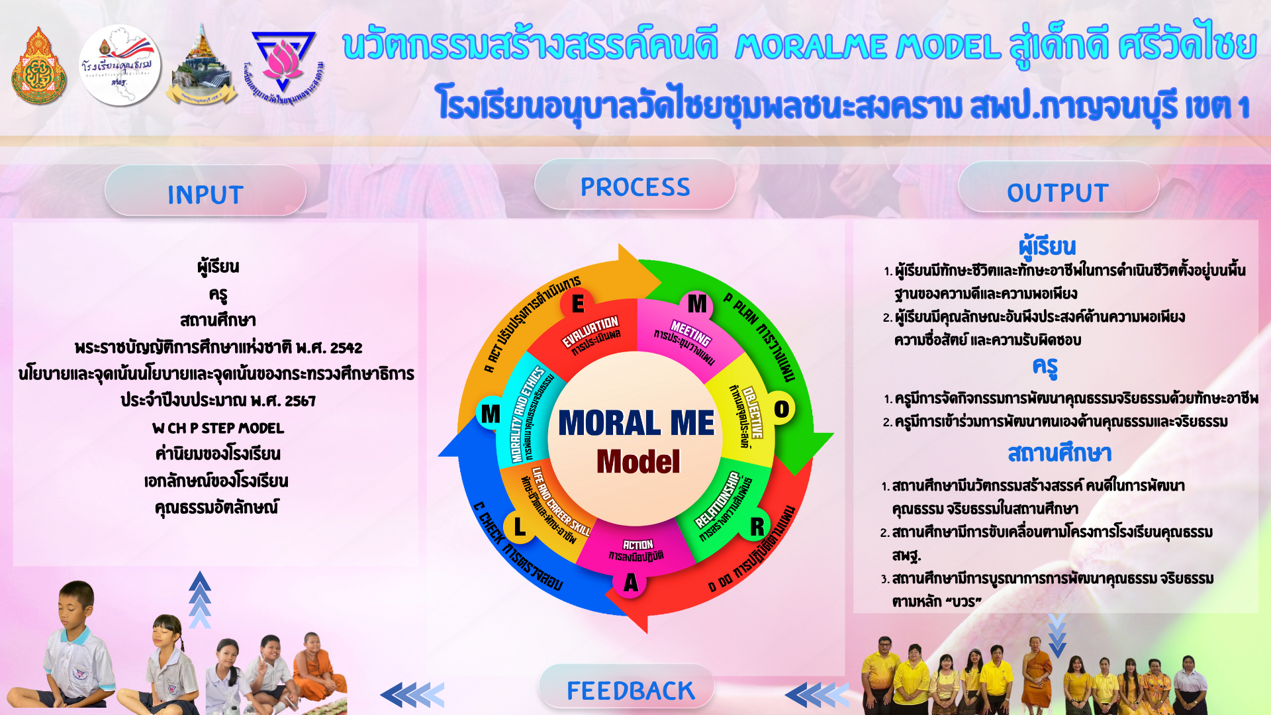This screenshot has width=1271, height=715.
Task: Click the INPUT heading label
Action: coord(205,195)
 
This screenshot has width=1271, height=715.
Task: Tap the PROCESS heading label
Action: coord(635,187)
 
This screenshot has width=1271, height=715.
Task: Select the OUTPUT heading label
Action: coord(1057,193)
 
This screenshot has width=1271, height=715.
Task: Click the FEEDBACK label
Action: coord(630,691)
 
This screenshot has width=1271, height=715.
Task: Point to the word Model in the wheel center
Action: coord(637,461)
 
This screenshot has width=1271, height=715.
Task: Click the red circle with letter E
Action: coord(578,304)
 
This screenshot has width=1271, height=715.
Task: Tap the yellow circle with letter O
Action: coord(781,409)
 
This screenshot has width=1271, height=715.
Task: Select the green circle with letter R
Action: coord(757,527)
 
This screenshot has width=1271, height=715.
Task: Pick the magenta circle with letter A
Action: coord(630,583)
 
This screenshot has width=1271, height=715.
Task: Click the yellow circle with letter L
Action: coord(520,527)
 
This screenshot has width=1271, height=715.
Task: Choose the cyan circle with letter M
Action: coord(491,414)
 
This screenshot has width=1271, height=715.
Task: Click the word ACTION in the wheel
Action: coord(637,544)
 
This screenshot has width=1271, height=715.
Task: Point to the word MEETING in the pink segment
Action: coord(690,333)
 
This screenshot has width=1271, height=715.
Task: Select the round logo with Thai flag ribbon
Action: coord(120,65)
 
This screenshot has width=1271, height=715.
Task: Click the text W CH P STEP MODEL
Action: coord(218,428)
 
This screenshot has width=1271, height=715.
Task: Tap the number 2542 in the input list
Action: coord(346,348)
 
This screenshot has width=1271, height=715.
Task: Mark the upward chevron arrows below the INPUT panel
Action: coord(199,600)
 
